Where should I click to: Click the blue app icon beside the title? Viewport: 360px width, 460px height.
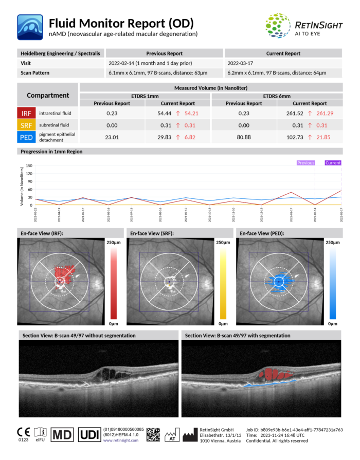point(30,27)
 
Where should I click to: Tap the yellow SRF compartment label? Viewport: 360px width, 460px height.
point(26,125)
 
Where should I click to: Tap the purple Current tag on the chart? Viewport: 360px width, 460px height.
point(333,163)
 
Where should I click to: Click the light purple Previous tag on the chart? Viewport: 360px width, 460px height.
point(305,163)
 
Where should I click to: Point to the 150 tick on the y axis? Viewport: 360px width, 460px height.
point(29,166)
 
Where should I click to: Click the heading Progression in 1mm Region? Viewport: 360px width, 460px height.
point(51,152)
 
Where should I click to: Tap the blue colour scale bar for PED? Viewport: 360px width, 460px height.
point(332,282)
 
